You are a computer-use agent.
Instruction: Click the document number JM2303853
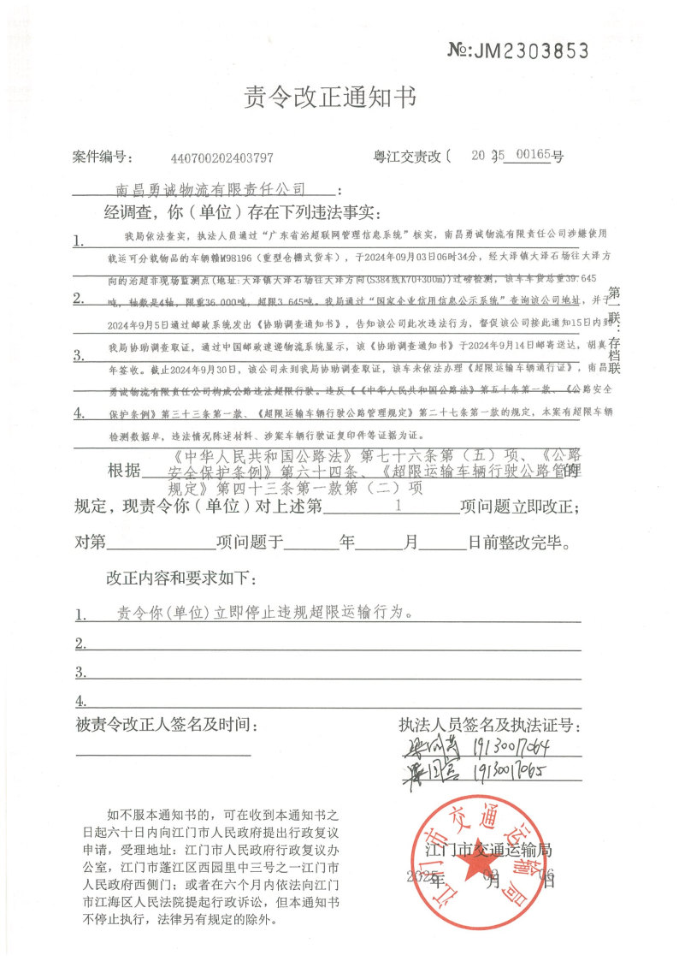click(x=518, y=50)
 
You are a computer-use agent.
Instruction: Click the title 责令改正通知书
click(x=331, y=98)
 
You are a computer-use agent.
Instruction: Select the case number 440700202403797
click(x=222, y=157)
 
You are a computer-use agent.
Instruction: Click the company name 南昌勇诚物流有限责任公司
click(x=210, y=187)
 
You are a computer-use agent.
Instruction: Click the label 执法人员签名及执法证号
click(x=489, y=726)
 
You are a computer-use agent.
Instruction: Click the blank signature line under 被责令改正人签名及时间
click(x=163, y=755)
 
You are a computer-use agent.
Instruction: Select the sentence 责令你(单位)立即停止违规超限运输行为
click(x=264, y=613)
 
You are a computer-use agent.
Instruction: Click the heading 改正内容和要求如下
click(x=182, y=578)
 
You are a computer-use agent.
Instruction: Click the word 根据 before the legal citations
click(x=121, y=472)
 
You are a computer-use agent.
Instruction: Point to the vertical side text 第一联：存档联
click(x=611, y=335)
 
